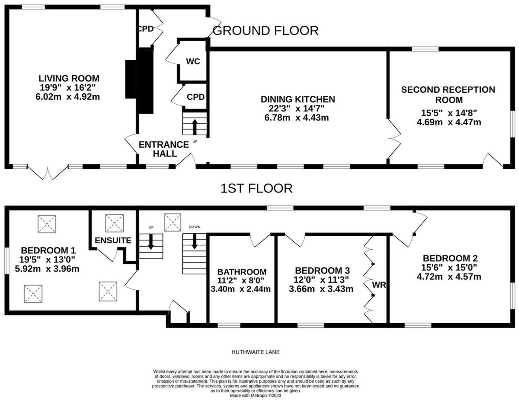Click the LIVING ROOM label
click(x=69, y=78)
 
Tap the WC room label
click(x=193, y=61)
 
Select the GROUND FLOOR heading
click(x=266, y=31)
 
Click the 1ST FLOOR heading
click(x=256, y=188)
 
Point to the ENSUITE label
click(x=113, y=241)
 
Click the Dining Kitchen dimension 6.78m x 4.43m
click(x=297, y=118)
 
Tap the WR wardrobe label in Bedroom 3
click(x=379, y=285)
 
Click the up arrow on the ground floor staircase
click(x=194, y=127)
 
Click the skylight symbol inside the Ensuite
click(x=114, y=223)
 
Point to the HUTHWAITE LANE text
click(x=256, y=352)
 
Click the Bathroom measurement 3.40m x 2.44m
click(x=241, y=289)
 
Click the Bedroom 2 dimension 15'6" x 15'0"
click(x=449, y=267)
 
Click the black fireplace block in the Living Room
click(x=130, y=79)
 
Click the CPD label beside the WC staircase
click(x=196, y=97)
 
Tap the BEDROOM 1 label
click(x=48, y=251)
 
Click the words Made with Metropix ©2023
click(x=256, y=395)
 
